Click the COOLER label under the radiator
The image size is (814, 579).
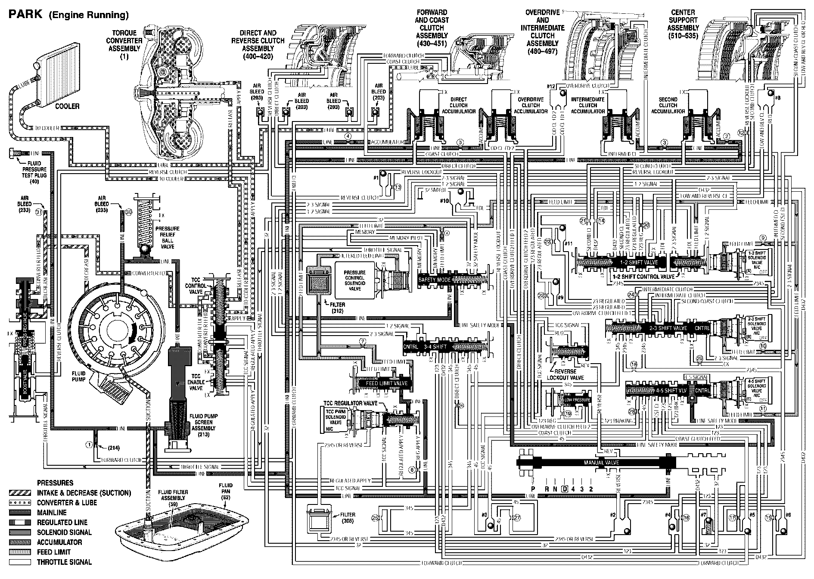(67, 106)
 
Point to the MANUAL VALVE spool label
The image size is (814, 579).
(601, 463)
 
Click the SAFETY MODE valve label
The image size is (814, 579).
(435, 280)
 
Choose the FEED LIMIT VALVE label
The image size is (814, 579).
(386, 383)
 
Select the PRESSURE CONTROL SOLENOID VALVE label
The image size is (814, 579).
(354, 280)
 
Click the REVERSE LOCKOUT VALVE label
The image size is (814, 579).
(565, 374)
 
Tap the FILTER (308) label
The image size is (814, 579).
(347, 517)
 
